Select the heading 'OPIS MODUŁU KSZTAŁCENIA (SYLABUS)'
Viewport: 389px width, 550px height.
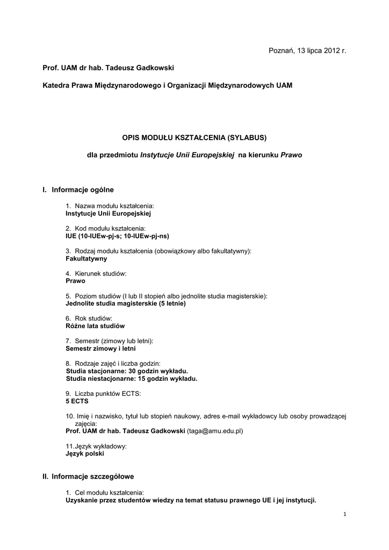[x=195, y=137]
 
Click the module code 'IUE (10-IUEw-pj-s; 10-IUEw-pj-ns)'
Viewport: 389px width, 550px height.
[x=117, y=235]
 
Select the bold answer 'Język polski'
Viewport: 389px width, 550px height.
[x=84, y=453]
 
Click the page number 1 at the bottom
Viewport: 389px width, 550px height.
[x=344, y=515]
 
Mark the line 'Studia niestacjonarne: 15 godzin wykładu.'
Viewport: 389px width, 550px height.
[x=132, y=379]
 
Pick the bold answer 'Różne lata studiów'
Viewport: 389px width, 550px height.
[x=95, y=325]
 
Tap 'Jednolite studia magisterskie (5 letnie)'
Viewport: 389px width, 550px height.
[x=125, y=303]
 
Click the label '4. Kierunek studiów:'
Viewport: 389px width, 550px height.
[x=96, y=273]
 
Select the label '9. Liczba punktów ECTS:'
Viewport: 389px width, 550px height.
[x=103, y=394]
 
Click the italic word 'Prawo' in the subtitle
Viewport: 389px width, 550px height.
[x=291, y=155]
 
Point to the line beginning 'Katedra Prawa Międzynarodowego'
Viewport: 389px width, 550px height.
[x=168, y=85]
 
